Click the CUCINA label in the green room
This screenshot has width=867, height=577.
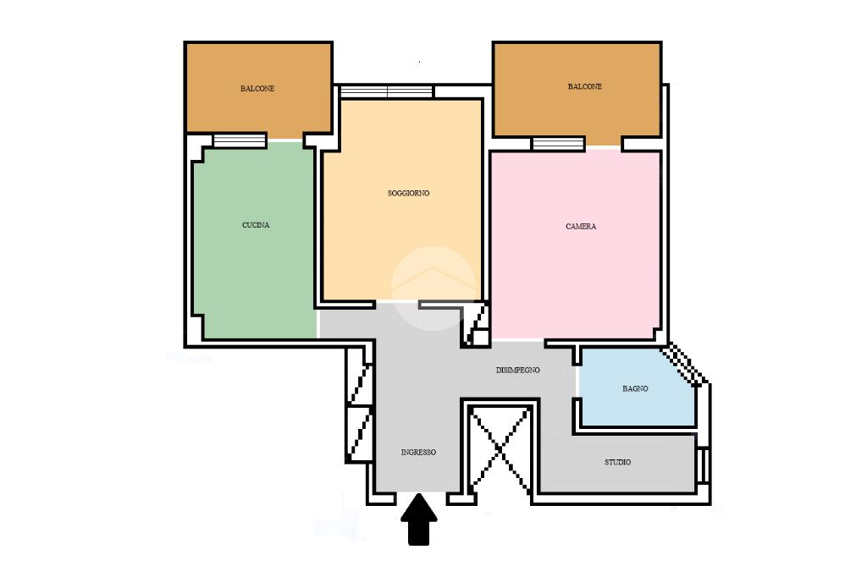pyautogui.click(x=256, y=225)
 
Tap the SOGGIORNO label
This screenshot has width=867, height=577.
pyautogui.click(x=409, y=193)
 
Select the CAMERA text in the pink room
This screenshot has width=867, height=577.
pyautogui.click(x=581, y=226)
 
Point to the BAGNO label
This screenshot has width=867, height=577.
pyautogui.click(x=635, y=388)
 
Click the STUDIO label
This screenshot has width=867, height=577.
pyautogui.click(x=617, y=462)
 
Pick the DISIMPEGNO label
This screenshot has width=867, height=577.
pyautogui.click(x=518, y=370)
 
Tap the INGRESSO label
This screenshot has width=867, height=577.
pyautogui.click(x=418, y=452)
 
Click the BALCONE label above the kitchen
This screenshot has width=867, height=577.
pyautogui.click(x=257, y=89)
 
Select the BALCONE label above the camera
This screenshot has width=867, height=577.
pyautogui.click(x=585, y=86)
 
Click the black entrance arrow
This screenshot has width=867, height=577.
pyautogui.click(x=419, y=519)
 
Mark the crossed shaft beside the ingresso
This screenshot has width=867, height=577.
pyautogui.click(x=500, y=449)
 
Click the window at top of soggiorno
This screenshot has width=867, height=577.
pyautogui.click(x=386, y=91)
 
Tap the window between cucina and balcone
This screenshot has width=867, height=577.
pyautogui.click(x=240, y=140)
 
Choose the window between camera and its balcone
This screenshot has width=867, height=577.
pyautogui.click(x=558, y=144)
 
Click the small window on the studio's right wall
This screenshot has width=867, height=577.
pyautogui.click(x=704, y=465)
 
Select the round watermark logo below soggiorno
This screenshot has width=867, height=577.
pyautogui.click(x=433, y=288)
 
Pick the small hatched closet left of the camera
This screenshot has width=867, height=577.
pyautogui.click(x=476, y=324)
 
